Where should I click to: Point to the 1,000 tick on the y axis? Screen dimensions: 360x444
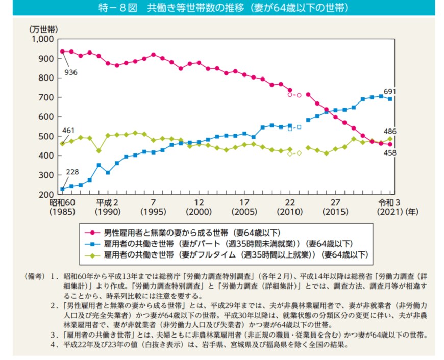(x=42, y=39)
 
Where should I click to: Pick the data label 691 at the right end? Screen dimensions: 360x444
(x=390, y=91)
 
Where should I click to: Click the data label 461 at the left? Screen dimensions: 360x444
(x=68, y=131)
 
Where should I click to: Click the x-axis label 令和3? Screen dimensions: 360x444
(x=389, y=202)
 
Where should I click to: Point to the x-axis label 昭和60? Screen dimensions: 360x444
(x=62, y=202)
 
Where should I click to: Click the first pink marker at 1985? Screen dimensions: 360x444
(x=62, y=52)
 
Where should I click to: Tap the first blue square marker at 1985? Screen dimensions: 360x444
(x=62, y=189)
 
